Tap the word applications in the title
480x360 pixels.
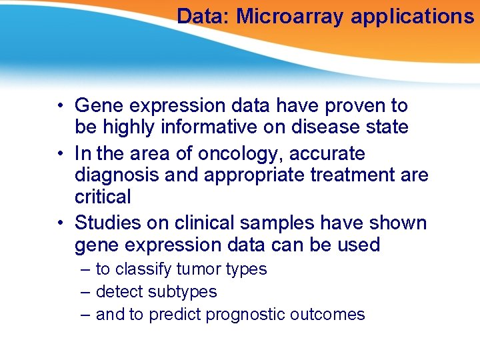coord(412,16)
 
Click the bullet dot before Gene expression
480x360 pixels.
coord(60,106)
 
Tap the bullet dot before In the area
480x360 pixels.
coord(60,154)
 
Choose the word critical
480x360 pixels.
coord(103,197)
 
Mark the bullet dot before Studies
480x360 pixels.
coord(60,223)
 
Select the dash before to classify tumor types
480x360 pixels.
coord(85,269)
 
